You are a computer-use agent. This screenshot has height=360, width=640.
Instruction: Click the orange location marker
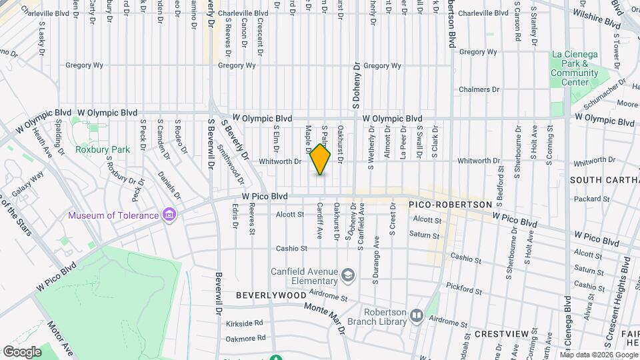click(x=321, y=160)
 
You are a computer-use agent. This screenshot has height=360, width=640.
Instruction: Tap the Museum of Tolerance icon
click(x=170, y=215)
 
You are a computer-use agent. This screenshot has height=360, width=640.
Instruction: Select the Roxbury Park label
click(x=103, y=150)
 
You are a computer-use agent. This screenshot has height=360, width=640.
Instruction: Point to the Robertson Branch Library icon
click(x=417, y=315)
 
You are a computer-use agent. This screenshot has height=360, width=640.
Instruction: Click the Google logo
click(x=23, y=351)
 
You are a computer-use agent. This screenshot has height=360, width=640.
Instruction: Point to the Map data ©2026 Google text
click(x=603, y=355)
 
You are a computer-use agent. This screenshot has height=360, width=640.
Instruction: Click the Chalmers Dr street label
click(x=479, y=89)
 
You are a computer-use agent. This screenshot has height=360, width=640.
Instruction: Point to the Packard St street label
click(x=588, y=198)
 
